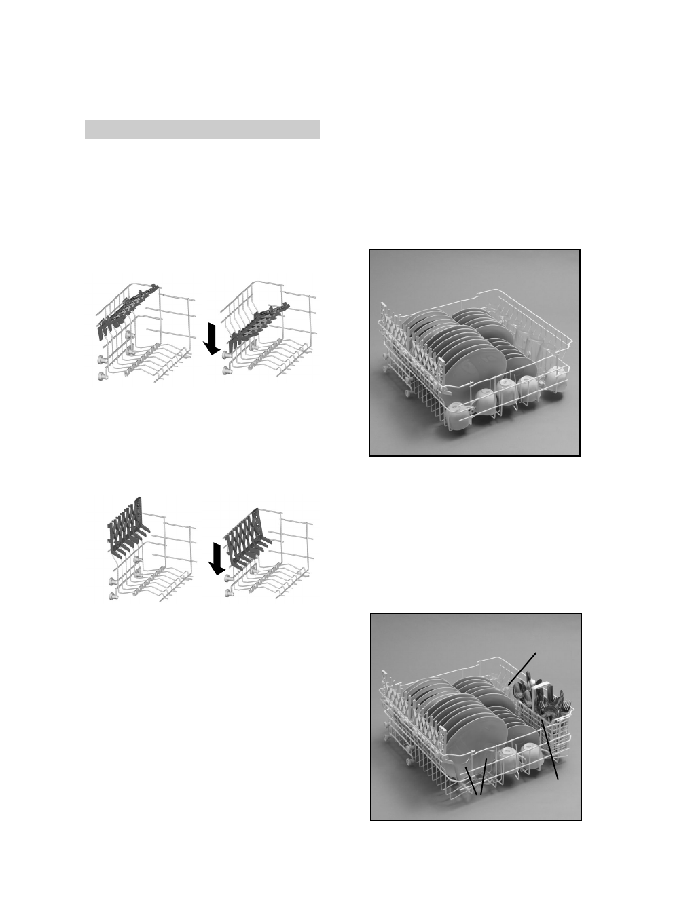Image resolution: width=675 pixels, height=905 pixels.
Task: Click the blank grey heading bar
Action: (x=202, y=130)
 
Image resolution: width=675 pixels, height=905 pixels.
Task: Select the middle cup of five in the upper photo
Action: (x=506, y=391)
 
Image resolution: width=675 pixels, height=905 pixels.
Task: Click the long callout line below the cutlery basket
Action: (x=551, y=753)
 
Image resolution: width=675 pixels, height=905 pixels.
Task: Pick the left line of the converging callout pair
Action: (x=471, y=780)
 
